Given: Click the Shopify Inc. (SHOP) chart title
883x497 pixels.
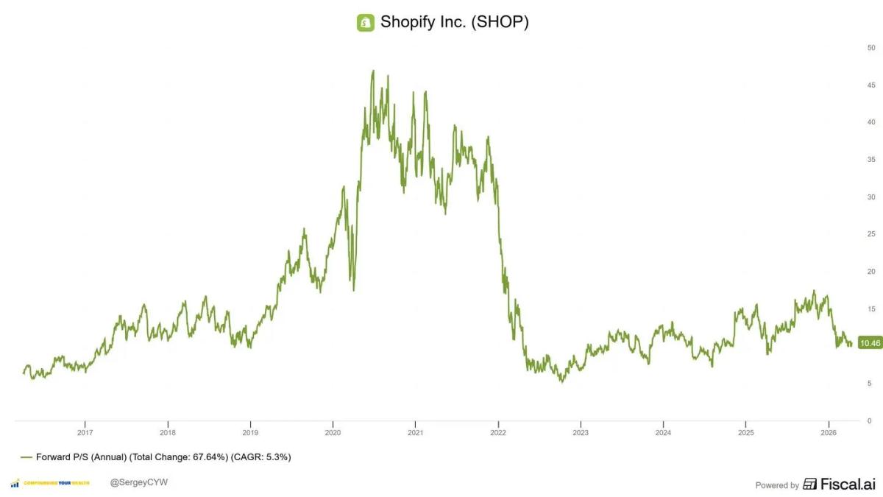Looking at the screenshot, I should point(454,22).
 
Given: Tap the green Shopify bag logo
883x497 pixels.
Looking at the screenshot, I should point(365,23).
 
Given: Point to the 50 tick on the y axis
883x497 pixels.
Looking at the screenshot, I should point(870,48).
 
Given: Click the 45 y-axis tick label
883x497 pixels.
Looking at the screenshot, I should point(870,85).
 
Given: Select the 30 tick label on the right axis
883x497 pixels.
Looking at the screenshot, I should point(870,197).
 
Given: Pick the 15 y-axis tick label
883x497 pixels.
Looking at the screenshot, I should point(870,309).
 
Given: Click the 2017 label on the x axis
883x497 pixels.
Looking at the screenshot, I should point(85,433).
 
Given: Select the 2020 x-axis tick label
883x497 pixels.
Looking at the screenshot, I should point(333,433).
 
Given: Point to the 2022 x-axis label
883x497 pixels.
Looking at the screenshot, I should point(498,433).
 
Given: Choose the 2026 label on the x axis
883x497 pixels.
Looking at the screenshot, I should point(829,433).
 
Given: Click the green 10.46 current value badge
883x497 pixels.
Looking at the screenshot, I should point(870,343).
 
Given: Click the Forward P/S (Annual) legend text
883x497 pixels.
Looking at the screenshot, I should point(81,457).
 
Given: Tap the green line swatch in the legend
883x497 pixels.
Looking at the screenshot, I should point(26,457).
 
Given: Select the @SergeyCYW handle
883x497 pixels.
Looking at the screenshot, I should point(134,482).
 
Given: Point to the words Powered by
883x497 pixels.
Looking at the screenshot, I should point(777,485).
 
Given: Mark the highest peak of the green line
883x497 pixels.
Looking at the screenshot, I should point(373,71).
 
